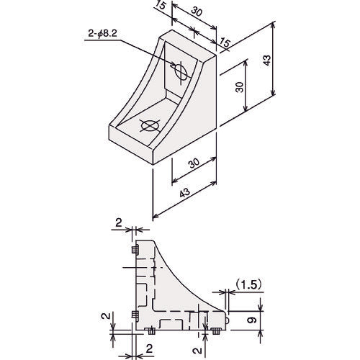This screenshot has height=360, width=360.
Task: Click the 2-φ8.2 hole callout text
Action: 102,34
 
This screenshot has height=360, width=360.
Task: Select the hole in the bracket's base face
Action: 150,125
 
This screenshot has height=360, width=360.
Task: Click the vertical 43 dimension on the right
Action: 266,60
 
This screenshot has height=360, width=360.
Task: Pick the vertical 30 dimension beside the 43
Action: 239,87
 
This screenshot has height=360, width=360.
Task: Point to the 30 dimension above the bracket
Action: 197,12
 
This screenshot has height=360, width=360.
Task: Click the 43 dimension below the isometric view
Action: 185,192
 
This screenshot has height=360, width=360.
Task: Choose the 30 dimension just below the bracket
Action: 194,163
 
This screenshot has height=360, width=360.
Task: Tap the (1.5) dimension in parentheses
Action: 248,284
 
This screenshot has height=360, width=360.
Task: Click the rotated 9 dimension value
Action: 252,320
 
